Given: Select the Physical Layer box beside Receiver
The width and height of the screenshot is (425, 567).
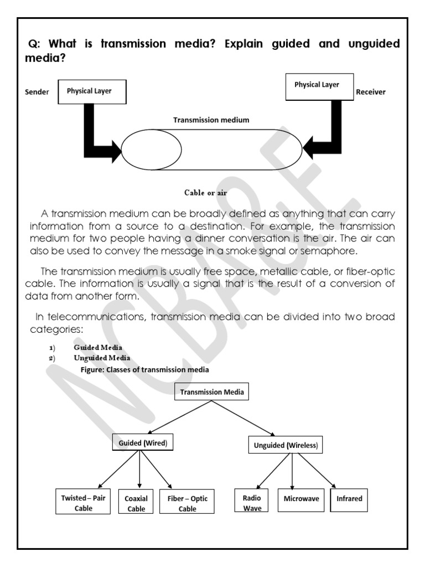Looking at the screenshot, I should [x=319, y=87].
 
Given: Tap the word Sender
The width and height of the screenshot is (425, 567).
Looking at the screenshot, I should [x=37, y=92].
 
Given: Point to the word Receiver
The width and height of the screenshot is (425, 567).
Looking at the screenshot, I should [x=371, y=92].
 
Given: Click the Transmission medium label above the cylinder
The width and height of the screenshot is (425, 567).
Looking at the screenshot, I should [x=211, y=119].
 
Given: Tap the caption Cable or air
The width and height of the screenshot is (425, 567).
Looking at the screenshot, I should [x=205, y=193].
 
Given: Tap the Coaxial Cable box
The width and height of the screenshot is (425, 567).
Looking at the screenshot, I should [x=136, y=503].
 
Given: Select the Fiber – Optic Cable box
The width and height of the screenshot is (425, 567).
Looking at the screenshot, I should [x=187, y=503].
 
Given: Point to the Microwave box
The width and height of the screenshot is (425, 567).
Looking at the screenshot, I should [x=301, y=499].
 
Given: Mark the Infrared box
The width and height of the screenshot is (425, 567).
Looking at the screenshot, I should [x=349, y=499].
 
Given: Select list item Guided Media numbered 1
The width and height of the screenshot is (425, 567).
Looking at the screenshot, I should [x=98, y=347].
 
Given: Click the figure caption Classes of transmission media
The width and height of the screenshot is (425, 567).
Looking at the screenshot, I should [x=137, y=369].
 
